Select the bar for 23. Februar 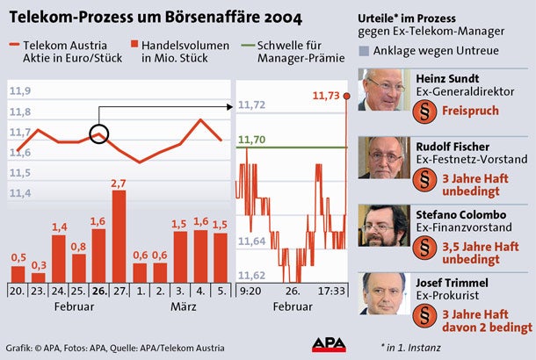click(x=38, y=277)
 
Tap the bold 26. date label click(x=98, y=291)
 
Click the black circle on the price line click(x=99, y=134)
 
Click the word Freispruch click(x=470, y=112)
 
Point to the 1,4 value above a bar click(x=59, y=227)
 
